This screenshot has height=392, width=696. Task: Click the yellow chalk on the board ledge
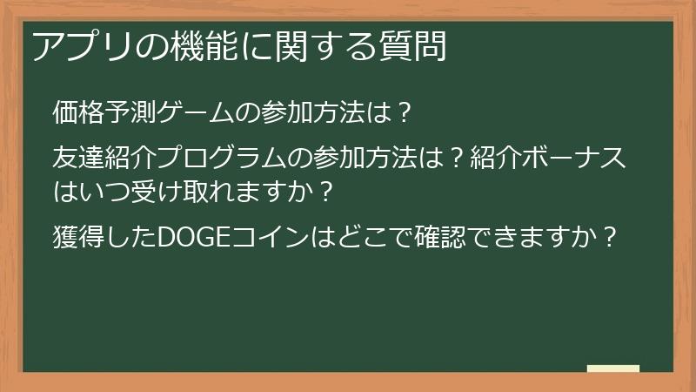click(x=613, y=369)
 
